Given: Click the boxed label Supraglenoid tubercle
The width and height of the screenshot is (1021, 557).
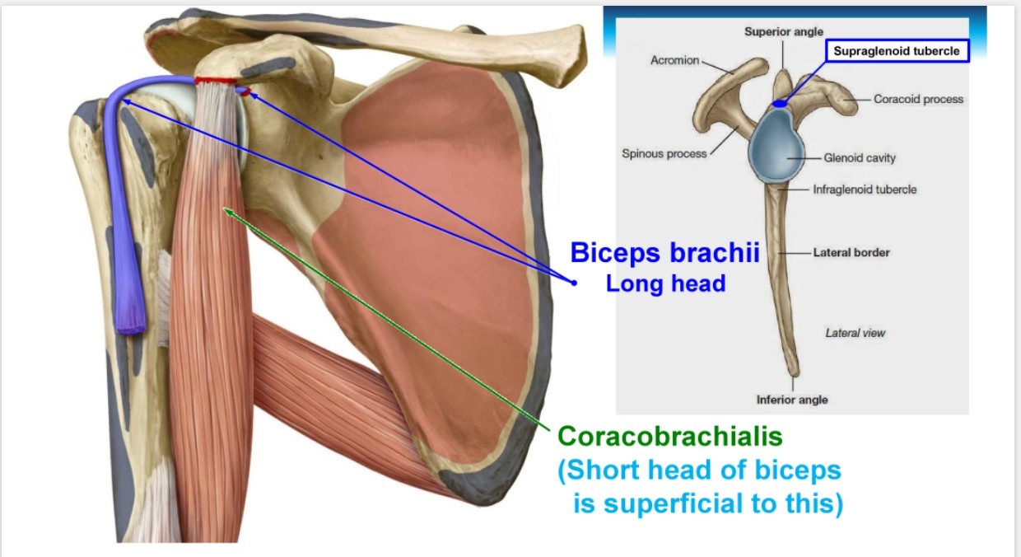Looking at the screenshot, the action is point(897,51).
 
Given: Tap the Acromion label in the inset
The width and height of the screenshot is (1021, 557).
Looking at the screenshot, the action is point(674,60).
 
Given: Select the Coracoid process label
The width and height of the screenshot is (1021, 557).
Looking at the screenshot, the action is point(918,99).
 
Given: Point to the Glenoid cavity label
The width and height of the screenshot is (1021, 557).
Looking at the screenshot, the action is point(859,157).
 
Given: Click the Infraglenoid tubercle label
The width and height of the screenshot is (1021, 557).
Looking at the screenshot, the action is point(865,190).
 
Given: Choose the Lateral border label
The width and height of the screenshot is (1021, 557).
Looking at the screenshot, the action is point(851,252).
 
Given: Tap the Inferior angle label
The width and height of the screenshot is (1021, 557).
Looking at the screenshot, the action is point(792,400).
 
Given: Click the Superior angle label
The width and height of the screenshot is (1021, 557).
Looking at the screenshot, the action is point(783,31).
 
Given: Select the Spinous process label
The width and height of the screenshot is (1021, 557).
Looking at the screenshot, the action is point(664,153).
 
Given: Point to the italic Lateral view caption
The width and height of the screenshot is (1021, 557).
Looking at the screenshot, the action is point(855,333).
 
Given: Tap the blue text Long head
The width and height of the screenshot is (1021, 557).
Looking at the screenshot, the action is point(665,283).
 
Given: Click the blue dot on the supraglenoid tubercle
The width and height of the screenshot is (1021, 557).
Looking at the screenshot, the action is point(779,104).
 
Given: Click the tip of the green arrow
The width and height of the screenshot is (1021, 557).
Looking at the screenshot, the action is point(226,210).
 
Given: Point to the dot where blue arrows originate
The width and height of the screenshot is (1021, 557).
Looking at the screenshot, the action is point(574,283).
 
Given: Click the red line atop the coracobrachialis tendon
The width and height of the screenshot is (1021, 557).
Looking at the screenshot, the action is point(216,81).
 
